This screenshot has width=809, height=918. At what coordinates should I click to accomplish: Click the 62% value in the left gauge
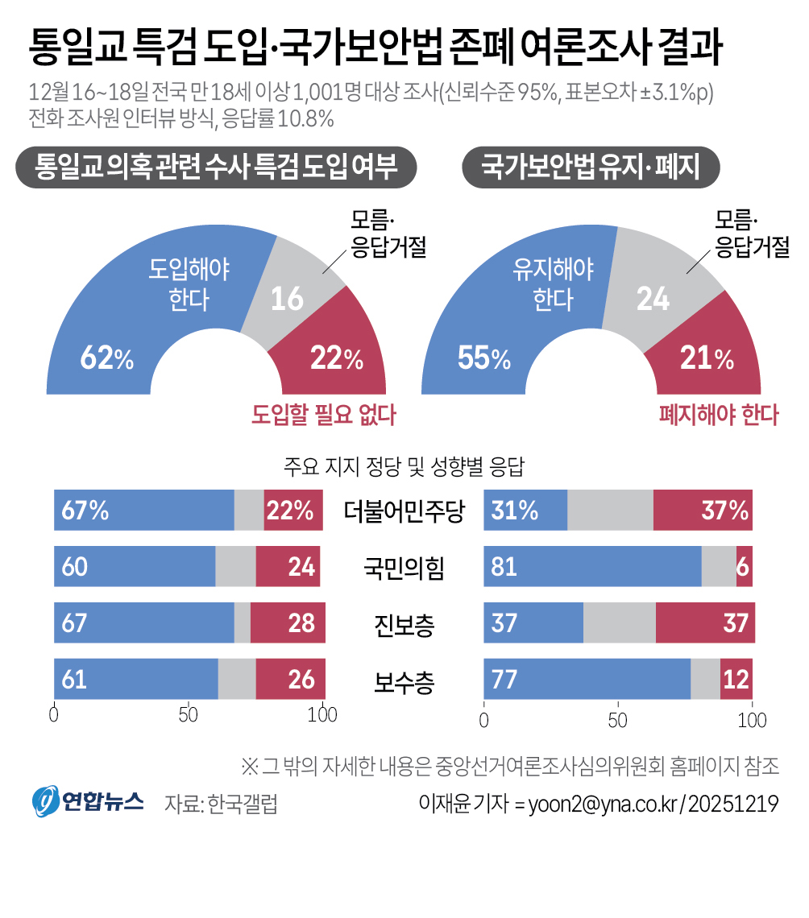pos(107,357)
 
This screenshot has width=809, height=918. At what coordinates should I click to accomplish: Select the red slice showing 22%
pos(334,351)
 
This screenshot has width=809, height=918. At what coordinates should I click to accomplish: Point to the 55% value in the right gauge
pos(484,357)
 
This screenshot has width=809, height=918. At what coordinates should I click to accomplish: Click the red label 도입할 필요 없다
pos(324,415)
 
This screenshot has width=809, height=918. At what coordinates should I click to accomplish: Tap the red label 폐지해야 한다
pos(719,415)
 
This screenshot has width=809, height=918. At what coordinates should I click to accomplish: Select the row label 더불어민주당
pos(404,511)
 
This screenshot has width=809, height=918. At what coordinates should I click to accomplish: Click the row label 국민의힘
pos(404,568)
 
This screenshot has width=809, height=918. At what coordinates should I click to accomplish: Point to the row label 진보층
pos(404,624)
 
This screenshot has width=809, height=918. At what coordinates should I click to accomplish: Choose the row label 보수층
pos(404,681)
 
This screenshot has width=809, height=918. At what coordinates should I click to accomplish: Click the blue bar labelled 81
pos(592,567)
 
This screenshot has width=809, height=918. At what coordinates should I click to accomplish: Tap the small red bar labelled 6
pos(744,567)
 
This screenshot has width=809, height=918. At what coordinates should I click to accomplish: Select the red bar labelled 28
pos(288,623)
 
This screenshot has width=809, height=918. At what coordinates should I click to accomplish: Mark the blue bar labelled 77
pos(587,679)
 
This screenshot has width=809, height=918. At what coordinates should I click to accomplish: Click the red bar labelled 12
pos(736,679)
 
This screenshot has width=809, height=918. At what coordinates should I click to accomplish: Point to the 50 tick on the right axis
pos(618,720)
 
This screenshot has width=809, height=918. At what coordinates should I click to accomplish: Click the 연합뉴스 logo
pos(88,801)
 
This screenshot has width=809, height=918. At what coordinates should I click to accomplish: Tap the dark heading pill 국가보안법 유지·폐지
pos(591,167)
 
